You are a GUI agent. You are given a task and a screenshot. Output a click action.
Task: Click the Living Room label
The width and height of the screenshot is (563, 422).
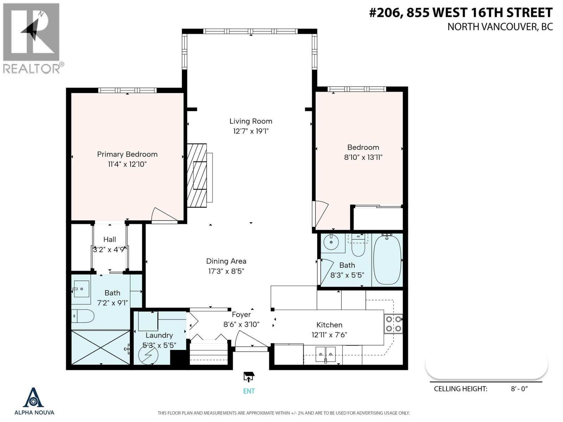click(251, 121)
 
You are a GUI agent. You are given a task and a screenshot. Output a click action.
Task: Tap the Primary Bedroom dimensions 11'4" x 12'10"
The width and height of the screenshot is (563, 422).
click(127, 164)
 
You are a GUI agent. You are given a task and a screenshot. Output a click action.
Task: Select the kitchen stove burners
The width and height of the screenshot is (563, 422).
click(393, 324)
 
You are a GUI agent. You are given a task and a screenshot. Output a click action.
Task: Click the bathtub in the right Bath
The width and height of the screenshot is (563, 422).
click(387, 260)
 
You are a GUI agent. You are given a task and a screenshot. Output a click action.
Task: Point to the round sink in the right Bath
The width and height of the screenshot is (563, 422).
click(331, 242)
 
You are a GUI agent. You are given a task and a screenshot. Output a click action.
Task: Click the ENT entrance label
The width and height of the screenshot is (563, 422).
click(249, 391)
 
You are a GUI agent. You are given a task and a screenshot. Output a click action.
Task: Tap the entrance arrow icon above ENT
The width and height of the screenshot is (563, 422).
click(249, 377)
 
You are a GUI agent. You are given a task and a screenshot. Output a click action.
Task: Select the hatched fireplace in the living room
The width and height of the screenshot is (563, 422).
click(197, 175)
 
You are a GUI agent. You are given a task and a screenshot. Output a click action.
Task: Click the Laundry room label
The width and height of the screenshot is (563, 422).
click(159, 335)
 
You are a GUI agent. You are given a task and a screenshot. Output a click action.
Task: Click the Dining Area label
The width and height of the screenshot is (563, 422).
click(226, 261)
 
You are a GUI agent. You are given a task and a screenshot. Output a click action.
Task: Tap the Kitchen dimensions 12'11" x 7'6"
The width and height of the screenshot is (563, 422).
click(329, 335)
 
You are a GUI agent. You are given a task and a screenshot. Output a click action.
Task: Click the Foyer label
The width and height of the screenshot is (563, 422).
click(241, 314)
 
